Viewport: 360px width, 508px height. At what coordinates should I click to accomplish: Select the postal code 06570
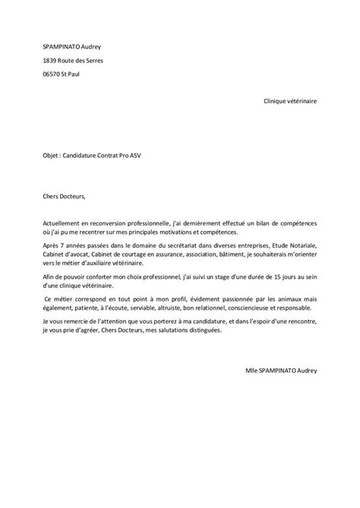tap(53, 74)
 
